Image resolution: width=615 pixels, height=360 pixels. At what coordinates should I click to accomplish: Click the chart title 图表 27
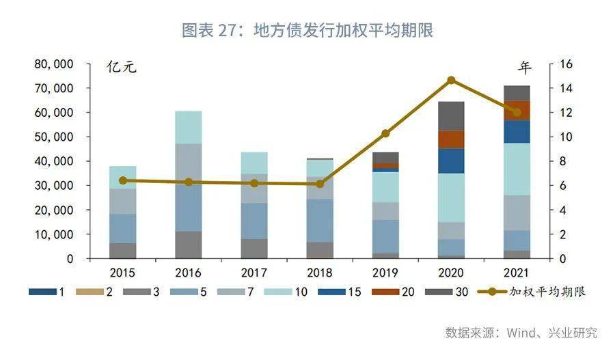307,31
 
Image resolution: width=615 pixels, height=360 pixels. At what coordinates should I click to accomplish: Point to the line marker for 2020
451,80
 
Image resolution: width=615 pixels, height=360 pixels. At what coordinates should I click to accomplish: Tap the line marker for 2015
123,180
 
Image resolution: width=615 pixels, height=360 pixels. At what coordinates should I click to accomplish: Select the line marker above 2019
385,133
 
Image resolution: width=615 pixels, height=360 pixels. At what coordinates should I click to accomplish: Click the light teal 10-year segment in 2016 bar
189,127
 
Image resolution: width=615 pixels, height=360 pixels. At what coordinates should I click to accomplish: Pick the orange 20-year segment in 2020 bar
451,139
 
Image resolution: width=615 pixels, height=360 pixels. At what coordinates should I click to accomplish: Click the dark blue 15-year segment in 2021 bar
517,131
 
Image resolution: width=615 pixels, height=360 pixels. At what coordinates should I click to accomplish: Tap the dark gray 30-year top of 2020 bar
451,115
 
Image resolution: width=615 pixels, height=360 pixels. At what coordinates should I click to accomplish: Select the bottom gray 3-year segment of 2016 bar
189,245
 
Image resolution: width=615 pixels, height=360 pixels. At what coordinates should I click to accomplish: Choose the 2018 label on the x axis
320,273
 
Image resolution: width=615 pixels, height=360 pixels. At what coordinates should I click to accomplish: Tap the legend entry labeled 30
451,292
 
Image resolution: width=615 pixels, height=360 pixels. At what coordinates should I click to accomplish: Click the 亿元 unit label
122,68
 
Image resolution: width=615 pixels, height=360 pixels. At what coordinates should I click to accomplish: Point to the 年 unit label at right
524,68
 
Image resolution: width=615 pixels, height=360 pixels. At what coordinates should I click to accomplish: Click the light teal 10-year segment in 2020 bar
451,197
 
